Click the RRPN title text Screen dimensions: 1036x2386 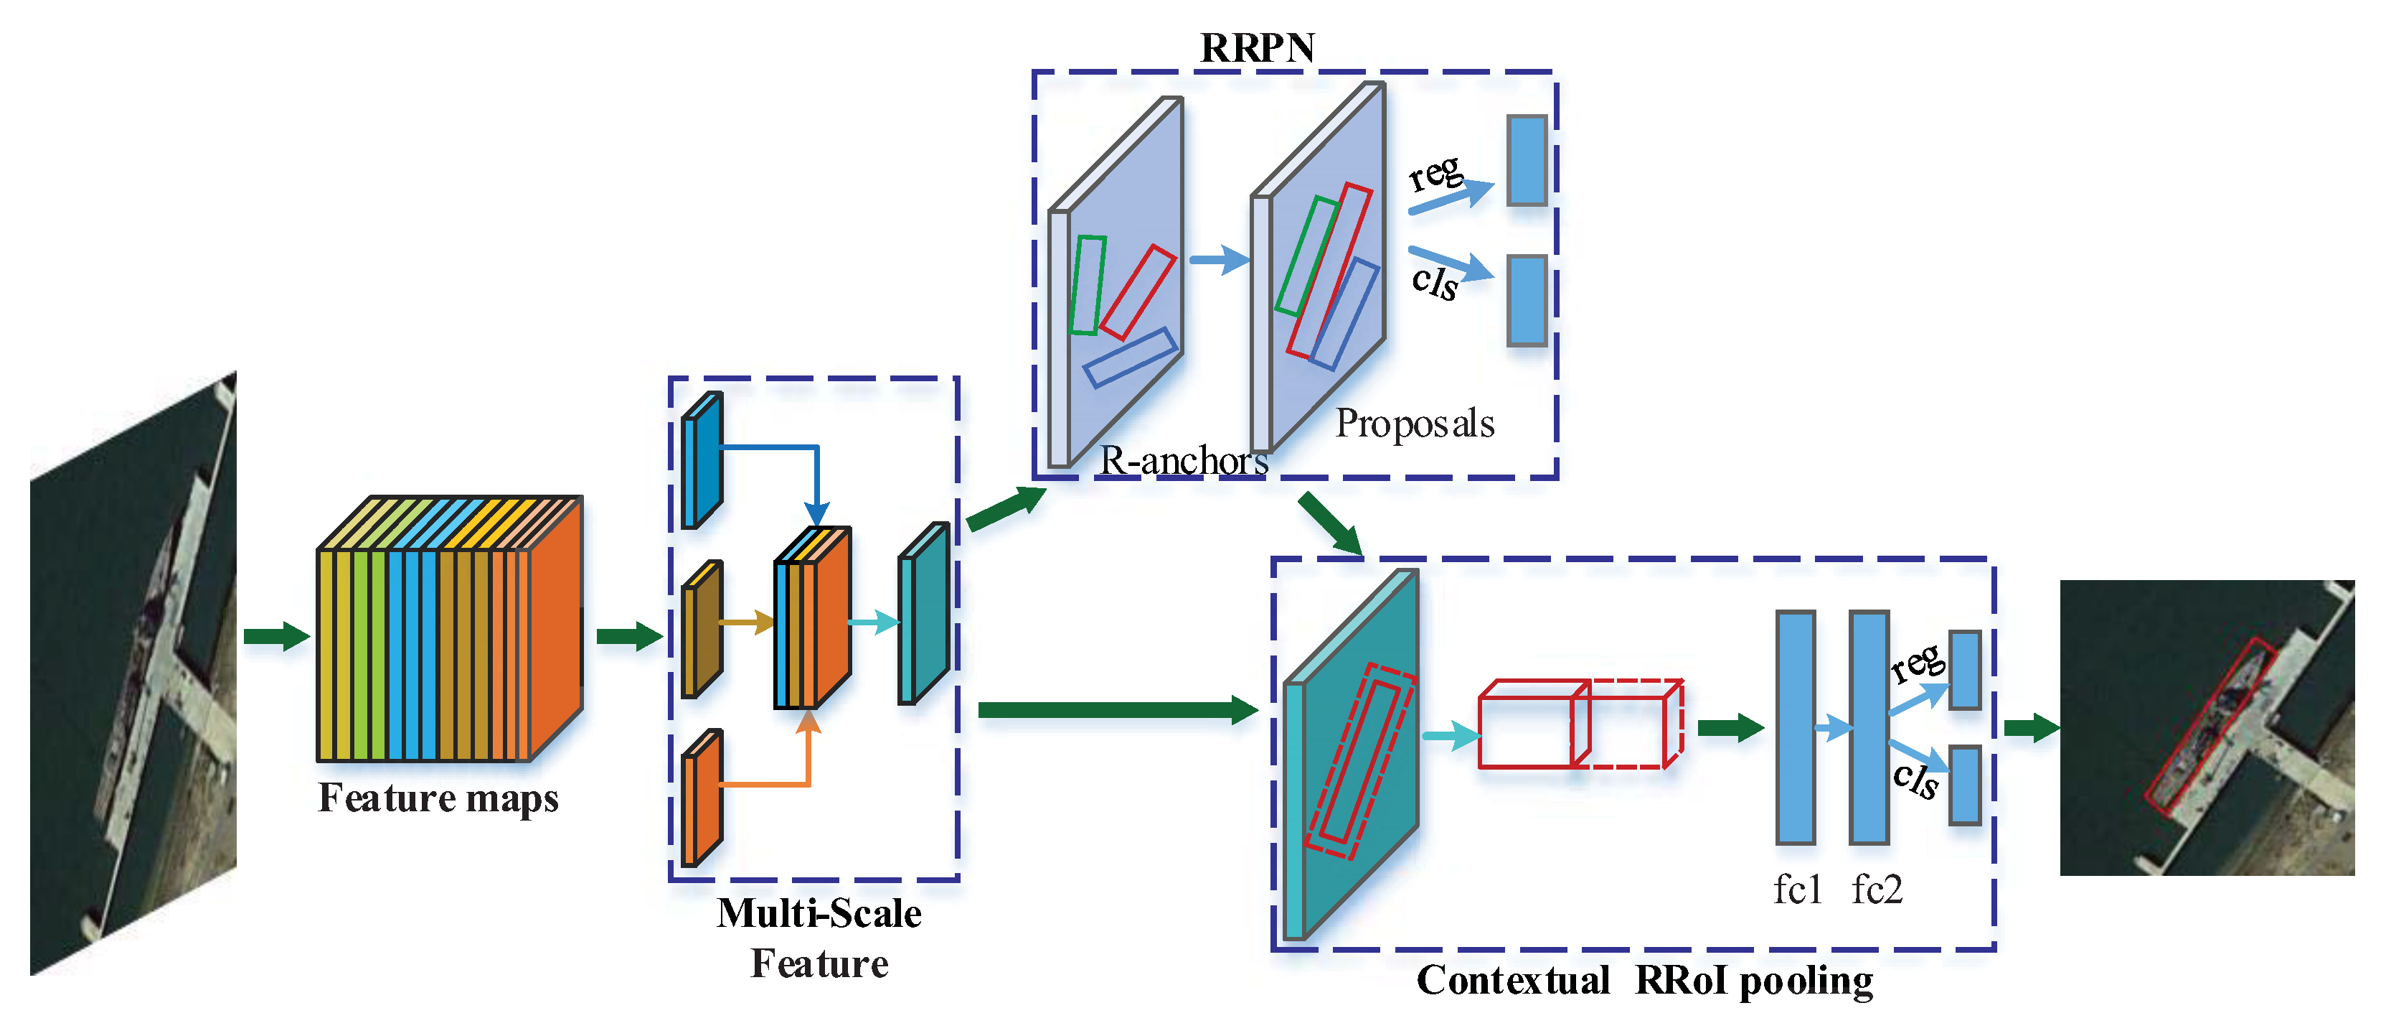coord(1257,48)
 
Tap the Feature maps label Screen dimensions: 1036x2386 coord(438,798)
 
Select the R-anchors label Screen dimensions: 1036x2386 coord(1183,460)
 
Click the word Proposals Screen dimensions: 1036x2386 coord(1415,424)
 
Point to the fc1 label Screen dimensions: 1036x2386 coord(1797,890)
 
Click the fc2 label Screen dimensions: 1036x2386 coord(1877,890)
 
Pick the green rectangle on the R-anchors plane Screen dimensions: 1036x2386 coord(1088,286)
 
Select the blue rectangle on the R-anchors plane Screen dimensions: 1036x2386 coord(1130,358)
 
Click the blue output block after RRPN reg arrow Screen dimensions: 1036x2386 coord(1527,160)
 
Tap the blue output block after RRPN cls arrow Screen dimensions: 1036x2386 coord(1527,301)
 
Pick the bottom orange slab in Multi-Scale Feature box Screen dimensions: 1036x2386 coord(701,799)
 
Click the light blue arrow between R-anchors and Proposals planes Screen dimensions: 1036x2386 coord(1219,259)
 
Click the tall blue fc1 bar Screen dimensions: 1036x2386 coord(1795,727)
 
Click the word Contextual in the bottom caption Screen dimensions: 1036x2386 coord(1512,981)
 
